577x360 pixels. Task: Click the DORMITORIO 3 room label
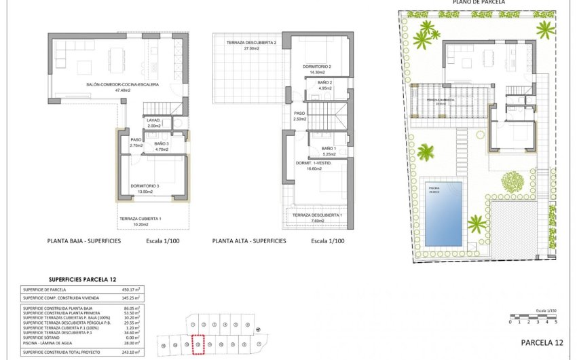pos(145,185)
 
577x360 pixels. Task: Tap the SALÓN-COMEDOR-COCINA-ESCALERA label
pos(122,85)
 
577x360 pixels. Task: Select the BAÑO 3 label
pos(161,143)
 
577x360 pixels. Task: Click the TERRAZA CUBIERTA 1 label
pos(141,219)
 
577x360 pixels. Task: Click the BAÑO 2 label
pos(325,82)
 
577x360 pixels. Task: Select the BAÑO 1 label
pos(329,148)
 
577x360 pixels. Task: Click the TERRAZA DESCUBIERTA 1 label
pos(317,216)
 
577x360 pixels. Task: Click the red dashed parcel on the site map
pos(198,345)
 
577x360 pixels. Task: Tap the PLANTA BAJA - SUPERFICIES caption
pos(84,241)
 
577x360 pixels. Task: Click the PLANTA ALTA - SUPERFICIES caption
pos(249,241)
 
